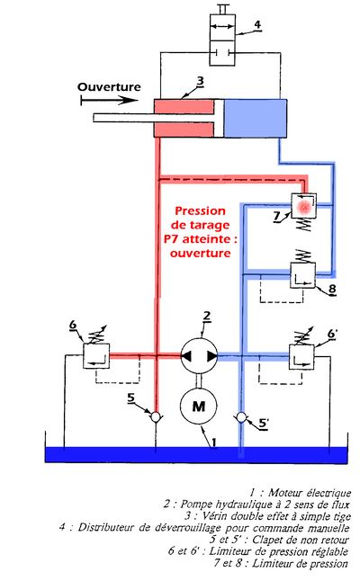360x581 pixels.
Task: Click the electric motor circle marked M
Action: (x=198, y=406)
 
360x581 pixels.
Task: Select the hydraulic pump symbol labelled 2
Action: (x=199, y=356)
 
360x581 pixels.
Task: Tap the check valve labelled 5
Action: (x=156, y=417)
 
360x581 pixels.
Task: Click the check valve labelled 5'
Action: (x=241, y=417)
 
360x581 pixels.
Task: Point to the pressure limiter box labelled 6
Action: (x=96, y=356)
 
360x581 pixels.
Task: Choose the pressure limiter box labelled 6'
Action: (x=301, y=357)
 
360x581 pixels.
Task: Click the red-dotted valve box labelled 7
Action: (x=304, y=206)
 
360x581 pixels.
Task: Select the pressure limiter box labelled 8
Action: (x=302, y=275)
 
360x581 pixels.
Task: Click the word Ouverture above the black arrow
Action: (x=109, y=87)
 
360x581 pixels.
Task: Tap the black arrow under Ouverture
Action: (x=109, y=100)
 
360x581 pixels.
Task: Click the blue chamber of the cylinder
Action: (x=255, y=118)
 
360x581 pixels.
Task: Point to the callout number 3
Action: (x=200, y=80)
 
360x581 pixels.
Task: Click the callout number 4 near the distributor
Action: (x=257, y=24)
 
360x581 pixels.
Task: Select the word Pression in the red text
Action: (x=200, y=210)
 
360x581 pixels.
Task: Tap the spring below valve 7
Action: (x=304, y=225)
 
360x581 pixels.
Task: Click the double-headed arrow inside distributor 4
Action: (x=222, y=26)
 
